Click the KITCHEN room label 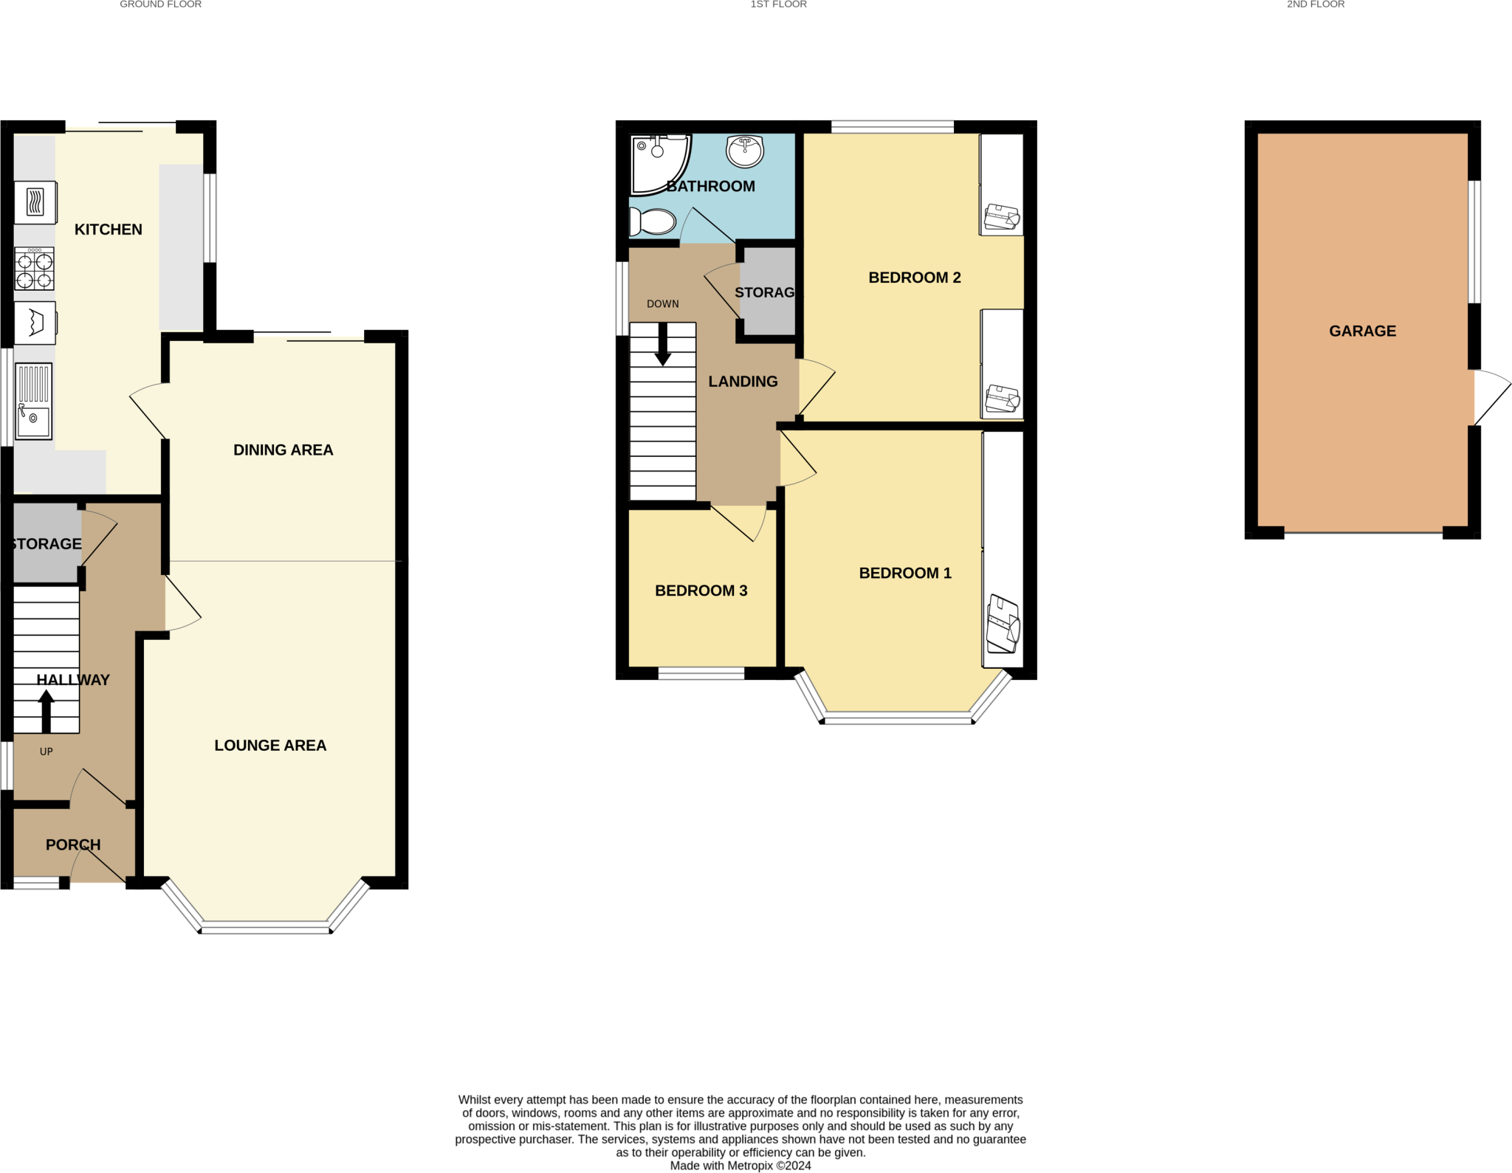pyautogui.click(x=108, y=230)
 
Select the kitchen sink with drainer pyautogui.click(x=33, y=402)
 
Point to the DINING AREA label pyautogui.click(x=283, y=450)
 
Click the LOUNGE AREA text pyautogui.click(x=270, y=746)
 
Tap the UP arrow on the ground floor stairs pyautogui.click(x=46, y=710)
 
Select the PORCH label pyautogui.click(x=73, y=845)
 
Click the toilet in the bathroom pyautogui.click(x=653, y=221)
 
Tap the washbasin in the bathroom pyautogui.click(x=745, y=151)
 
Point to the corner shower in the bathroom pyautogui.click(x=659, y=164)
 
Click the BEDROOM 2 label pyautogui.click(x=914, y=278)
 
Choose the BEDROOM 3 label pyautogui.click(x=701, y=591)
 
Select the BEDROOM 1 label pyautogui.click(x=905, y=573)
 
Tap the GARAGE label pyautogui.click(x=1362, y=331)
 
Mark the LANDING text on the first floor pyautogui.click(x=743, y=382)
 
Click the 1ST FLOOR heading pyautogui.click(x=778, y=4)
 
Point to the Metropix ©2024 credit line pyautogui.click(x=740, y=1166)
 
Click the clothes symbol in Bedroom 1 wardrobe pyautogui.click(x=1003, y=625)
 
